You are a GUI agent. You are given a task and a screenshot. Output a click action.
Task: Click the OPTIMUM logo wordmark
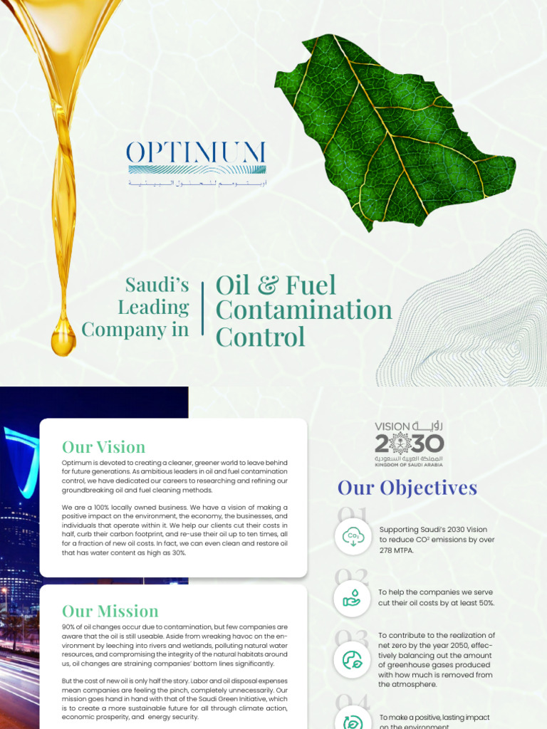pyautogui.click(x=196, y=152)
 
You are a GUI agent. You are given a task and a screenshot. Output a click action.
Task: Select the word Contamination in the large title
pyautogui.click(x=304, y=310)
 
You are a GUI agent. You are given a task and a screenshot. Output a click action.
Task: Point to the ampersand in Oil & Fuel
pyautogui.click(x=267, y=285)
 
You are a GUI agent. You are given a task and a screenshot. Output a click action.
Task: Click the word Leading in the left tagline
pyautogui.click(x=153, y=308)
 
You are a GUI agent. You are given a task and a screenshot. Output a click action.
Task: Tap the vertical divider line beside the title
pyautogui.click(x=203, y=309)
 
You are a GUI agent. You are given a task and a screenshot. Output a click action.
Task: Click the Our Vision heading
pyautogui.click(x=103, y=447)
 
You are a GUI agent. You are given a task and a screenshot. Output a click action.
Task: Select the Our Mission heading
pyautogui.click(x=110, y=611)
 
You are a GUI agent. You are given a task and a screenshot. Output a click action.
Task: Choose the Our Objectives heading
pyautogui.click(x=407, y=488)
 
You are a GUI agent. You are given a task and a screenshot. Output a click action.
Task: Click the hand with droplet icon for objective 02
pyautogui.click(x=353, y=598)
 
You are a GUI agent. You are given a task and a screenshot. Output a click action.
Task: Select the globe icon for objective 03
pyautogui.click(x=353, y=660)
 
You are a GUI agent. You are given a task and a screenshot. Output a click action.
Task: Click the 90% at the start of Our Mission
pyautogui.click(x=69, y=627)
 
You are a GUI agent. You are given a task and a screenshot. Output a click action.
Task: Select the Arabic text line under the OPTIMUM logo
pyautogui.click(x=197, y=184)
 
